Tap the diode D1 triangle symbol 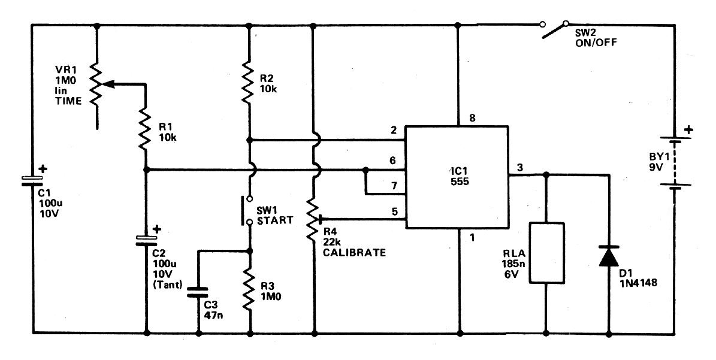(609, 256)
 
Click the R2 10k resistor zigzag (249, 81)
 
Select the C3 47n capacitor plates (199, 292)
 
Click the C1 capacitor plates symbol (32, 181)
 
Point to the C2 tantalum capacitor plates (147, 240)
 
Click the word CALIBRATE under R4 (354, 252)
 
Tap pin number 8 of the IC (472, 119)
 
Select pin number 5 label (394, 211)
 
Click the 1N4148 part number (639, 283)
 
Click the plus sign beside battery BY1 (688, 130)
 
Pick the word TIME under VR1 (68, 101)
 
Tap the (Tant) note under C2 (167, 286)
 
